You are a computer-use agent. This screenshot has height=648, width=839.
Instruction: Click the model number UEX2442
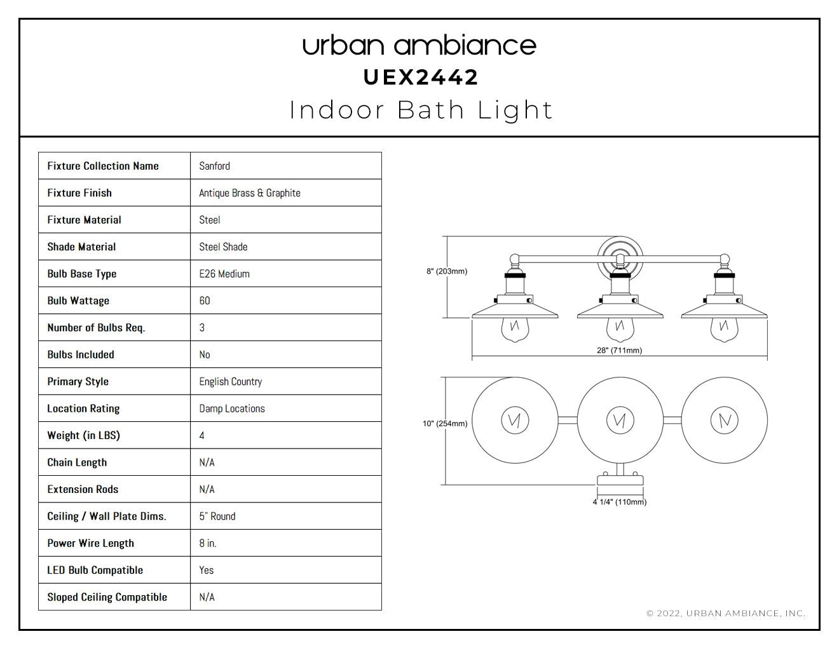(x=421, y=78)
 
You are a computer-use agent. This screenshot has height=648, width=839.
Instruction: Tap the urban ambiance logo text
(x=419, y=46)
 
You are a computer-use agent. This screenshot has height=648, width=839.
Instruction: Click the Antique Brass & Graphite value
(x=249, y=193)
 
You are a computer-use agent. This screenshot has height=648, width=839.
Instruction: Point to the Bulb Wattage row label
(x=78, y=300)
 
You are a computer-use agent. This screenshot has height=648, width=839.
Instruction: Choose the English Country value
(x=231, y=382)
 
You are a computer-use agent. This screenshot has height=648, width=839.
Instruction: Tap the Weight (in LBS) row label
(x=83, y=435)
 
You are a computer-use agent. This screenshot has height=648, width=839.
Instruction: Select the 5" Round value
(x=217, y=516)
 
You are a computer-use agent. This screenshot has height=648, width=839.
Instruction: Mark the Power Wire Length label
(x=91, y=543)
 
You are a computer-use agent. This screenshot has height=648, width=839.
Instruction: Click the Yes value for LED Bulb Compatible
(x=206, y=570)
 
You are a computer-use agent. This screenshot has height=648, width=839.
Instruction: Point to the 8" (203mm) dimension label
(x=447, y=271)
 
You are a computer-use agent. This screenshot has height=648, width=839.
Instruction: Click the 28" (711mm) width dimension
(x=619, y=351)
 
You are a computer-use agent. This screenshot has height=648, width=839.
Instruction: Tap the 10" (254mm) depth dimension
(x=445, y=423)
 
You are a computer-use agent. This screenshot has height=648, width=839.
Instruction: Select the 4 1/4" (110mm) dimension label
(x=620, y=502)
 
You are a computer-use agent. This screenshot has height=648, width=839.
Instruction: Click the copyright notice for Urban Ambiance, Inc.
(x=726, y=613)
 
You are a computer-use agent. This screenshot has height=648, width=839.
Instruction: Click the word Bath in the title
(x=431, y=110)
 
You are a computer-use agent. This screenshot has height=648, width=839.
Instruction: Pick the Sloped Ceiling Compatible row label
(x=107, y=597)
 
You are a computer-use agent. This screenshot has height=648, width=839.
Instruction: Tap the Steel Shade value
(x=223, y=246)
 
